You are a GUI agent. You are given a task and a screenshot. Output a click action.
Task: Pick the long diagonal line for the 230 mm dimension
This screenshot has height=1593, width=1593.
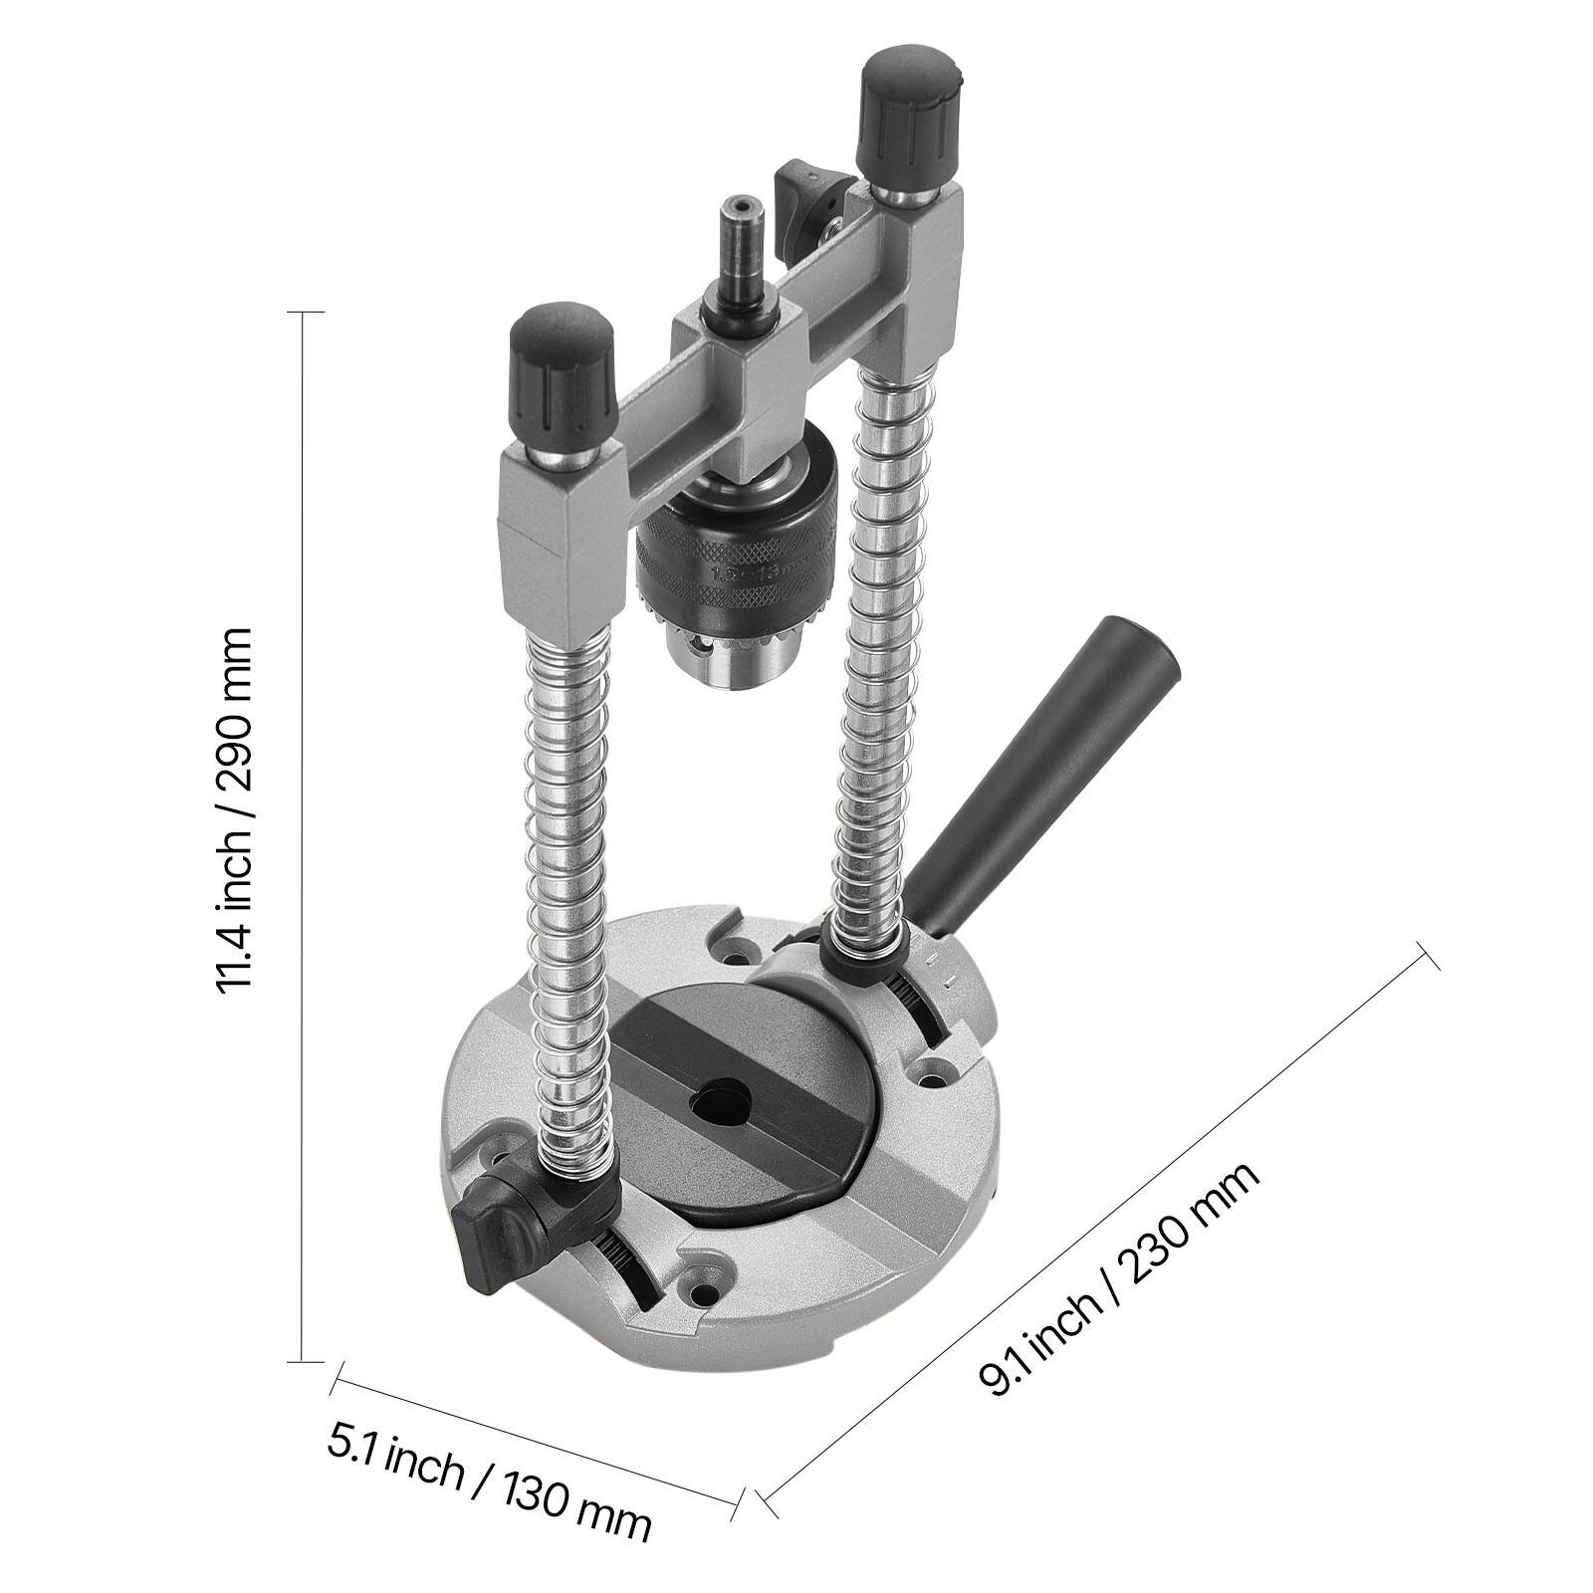(1095, 1195)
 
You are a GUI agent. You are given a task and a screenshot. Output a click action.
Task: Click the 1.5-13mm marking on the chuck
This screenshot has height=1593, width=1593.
(752, 574)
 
